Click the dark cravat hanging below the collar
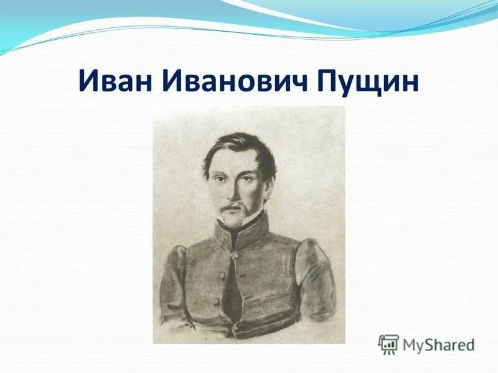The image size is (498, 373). (232, 283)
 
